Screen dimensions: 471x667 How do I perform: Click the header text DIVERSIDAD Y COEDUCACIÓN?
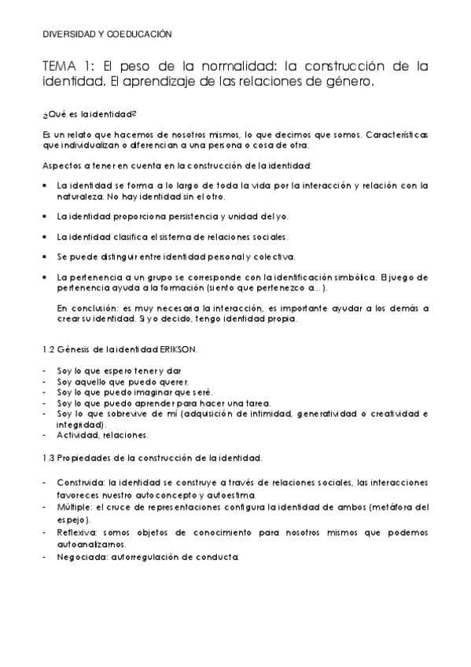point(107,34)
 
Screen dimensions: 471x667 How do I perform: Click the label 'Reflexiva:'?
point(78,532)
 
